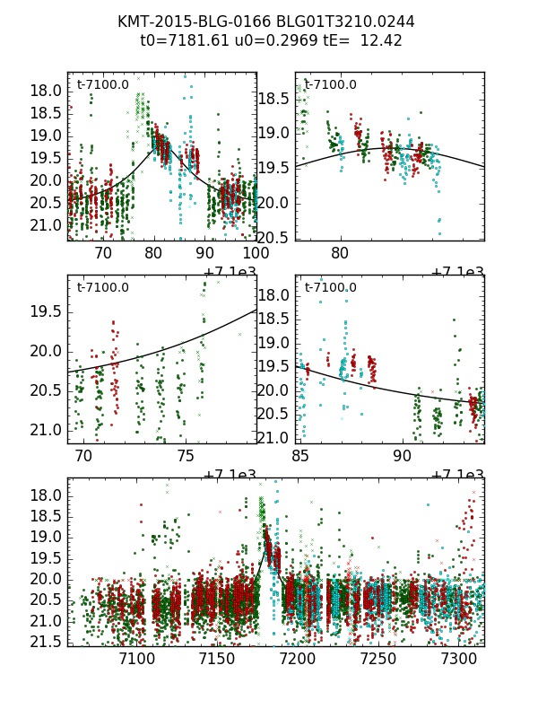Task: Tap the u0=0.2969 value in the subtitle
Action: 268,40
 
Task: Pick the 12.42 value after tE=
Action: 381,40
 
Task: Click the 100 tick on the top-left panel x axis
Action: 255,254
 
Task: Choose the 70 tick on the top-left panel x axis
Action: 103,254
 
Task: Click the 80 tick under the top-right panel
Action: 340,254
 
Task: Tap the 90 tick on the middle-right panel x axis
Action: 403,456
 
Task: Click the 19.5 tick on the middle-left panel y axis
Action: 45,311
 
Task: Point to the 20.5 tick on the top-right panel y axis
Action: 273,237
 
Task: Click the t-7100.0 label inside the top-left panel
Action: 103,85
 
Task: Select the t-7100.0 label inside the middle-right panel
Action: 330,287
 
